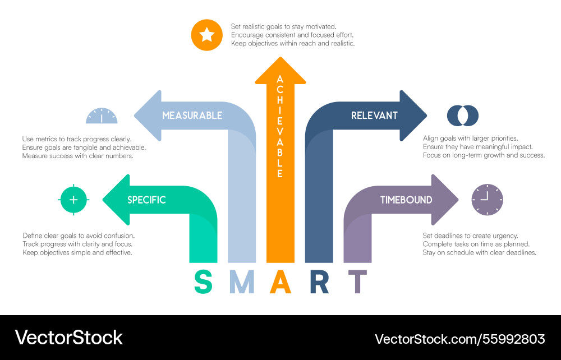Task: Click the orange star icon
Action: point(207,35)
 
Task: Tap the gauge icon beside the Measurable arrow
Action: point(102,116)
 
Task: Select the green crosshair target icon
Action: point(73,200)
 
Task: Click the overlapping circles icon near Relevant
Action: point(462,116)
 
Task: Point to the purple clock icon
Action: point(487,199)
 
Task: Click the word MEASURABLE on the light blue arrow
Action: point(192,116)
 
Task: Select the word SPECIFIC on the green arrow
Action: point(146,200)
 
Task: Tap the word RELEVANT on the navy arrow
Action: point(374,116)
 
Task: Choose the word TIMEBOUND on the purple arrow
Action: point(406,200)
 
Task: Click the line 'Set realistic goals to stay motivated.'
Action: point(283,26)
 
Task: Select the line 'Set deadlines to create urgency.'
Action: point(470,236)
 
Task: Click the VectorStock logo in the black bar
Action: point(68,338)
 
